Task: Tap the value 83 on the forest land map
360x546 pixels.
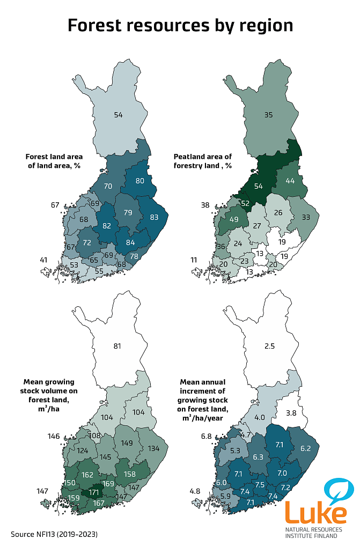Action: click(x=155, y=218)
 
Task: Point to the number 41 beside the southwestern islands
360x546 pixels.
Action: click(x=43, y=260)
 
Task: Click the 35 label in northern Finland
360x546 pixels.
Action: click(x=269, y=114)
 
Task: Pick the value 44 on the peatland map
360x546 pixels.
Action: click(x=290, y=181)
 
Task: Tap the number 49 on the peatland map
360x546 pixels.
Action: click(x=234, y=219)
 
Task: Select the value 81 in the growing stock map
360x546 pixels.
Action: click(x=117, y=345)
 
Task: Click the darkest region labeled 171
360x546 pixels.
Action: click(x=94, y=491)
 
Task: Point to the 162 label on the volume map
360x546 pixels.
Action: click(x=87, y=475)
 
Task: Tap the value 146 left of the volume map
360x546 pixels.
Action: click(x=54, y=437)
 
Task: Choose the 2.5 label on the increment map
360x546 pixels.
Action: click(x=269, y=346)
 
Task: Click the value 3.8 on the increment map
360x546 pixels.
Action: click(x=291, y=412)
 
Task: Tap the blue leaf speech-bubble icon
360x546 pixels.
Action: click(x=339, y=490)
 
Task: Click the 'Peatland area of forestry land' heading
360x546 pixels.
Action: click(x=203, y=161)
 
